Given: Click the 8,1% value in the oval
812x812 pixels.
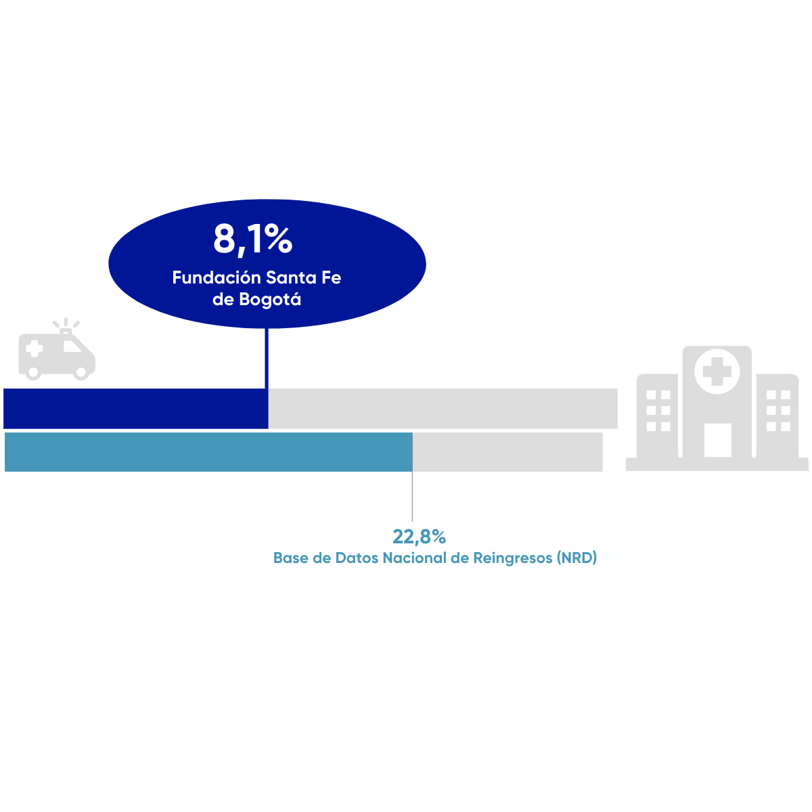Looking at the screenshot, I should pyautogui.click(x=252, y=239).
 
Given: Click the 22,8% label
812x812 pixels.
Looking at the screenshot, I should pyautogui.click(x=419, y=537).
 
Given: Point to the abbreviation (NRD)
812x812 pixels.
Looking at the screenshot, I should pyautogui.click(x=577, y=558).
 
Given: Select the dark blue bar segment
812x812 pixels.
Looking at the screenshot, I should pyautogui.click(x=135, y=408).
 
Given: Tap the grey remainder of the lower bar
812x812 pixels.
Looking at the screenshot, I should pyautogui.click(x=507, y=451).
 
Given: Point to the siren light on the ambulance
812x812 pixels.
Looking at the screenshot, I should pyautogui.click(x=66, y=330).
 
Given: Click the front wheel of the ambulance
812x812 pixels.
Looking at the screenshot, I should pyautogui.click(x=82, y=371).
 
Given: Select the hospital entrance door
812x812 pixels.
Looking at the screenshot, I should pyautogui.click(x=717, y=440).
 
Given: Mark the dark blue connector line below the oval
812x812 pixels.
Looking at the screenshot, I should pyautogui.click(x=267, y=359).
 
